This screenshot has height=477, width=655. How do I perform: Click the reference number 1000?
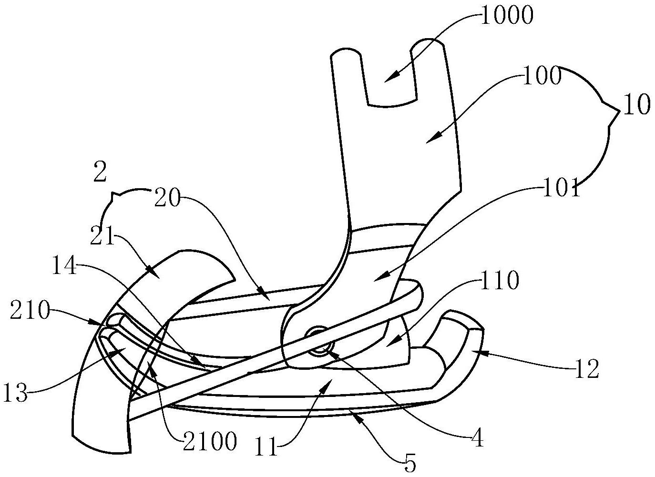506,17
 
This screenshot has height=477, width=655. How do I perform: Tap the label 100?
542,76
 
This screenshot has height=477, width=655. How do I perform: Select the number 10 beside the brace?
636,105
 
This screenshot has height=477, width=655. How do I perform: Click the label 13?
15,395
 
